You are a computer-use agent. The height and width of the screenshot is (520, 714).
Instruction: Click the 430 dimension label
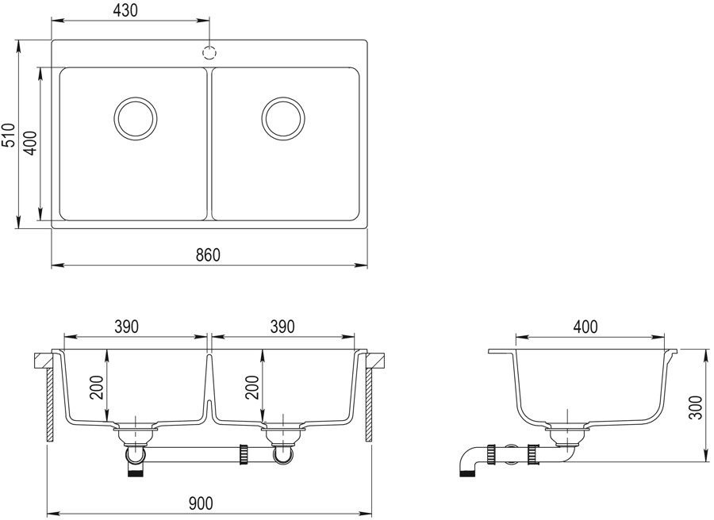(x=125, y=10)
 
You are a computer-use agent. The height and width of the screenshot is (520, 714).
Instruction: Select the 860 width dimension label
(x=208, y=254)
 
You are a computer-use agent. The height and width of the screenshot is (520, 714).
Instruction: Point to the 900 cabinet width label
(x=201, y=503)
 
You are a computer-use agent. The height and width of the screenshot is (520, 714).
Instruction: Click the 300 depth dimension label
(x=696, y=407)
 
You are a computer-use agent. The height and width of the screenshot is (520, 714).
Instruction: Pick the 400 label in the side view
(x=585, y=327)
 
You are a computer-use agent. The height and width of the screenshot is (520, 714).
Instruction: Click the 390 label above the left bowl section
(x=125, y=327)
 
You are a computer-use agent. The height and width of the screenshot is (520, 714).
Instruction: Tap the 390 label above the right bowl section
(x=282, y=327)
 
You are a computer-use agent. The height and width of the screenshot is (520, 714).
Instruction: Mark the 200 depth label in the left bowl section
(x=97, y=387)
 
